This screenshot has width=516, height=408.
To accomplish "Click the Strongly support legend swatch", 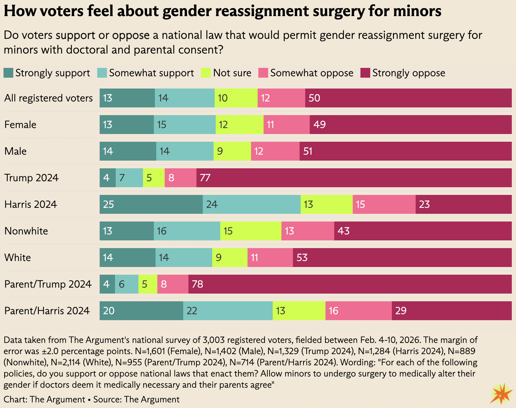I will [8, 73].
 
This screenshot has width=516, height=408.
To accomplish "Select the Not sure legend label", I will [232, 73].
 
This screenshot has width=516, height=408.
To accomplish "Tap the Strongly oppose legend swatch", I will [365, 73].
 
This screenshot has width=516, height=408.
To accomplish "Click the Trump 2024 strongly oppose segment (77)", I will [354, 178].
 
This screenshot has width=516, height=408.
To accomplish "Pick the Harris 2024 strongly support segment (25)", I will [151, 204].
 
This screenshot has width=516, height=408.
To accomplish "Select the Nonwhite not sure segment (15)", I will [251, 231].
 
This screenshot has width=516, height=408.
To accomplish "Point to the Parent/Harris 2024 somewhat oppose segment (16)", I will [358, 311].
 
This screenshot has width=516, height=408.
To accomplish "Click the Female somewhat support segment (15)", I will [185, 125].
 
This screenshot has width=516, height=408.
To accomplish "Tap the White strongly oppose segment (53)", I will [402, 258].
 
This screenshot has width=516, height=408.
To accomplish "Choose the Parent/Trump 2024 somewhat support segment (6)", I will [127, 284].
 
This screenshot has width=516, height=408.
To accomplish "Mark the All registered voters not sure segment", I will [236, 98].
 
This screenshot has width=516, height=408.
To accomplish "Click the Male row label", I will [15, 151].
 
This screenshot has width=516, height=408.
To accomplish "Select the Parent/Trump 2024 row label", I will [48, 284].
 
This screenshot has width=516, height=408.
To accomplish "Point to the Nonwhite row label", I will [26, 231].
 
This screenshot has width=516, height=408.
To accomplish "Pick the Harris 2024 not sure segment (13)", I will [327, 204].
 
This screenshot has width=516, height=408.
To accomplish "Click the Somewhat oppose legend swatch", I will [263, 73].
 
